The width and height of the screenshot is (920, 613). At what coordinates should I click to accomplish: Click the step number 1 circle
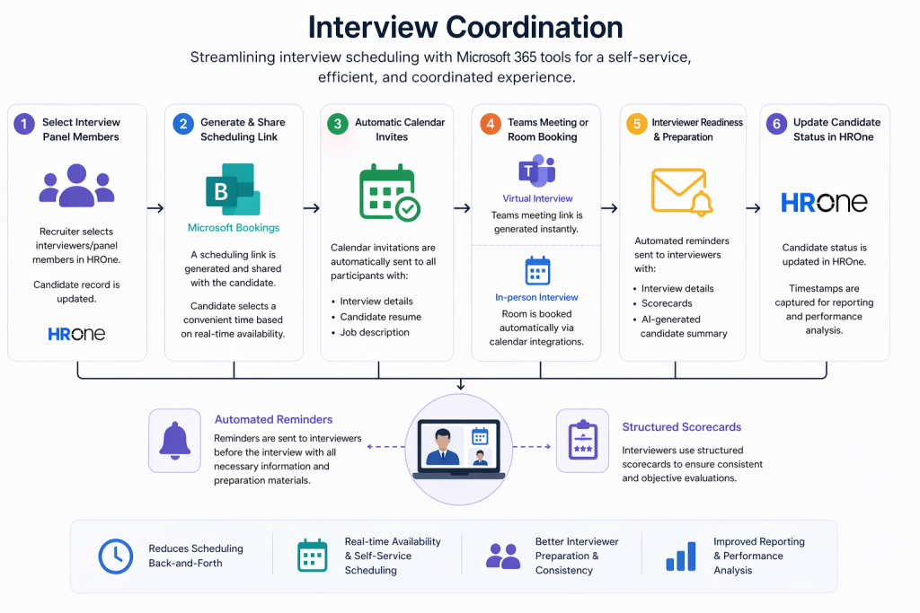[x=24, y=125]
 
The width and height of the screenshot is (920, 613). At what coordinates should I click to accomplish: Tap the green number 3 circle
[x=337, y=125]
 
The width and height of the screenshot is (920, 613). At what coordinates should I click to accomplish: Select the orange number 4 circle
[x=490, y=125]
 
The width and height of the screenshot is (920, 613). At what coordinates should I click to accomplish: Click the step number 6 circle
[x=774, y=125]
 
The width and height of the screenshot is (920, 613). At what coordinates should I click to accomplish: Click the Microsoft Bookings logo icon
[x=232, y=189]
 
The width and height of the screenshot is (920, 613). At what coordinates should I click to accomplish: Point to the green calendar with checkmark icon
[x=389, y=193]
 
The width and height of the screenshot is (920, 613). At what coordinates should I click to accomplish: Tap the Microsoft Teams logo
[x=536, y=171]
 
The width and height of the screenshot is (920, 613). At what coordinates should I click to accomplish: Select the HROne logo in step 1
[x=76, y=334]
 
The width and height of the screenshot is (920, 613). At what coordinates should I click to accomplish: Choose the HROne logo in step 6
[x=824, y=202]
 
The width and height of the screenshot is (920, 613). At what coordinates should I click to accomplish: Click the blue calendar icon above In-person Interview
[x=537, y=270]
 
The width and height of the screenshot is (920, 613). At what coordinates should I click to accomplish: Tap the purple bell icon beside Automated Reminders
[x=175, y=441]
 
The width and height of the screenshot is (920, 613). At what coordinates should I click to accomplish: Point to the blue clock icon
[x=115, y=556]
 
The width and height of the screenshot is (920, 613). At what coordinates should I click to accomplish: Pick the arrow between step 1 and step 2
[x=155, y=208]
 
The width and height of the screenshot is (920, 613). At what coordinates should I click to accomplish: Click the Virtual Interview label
[x=537, y=198]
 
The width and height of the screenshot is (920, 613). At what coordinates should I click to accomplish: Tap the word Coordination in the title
[x=530, y=27]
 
